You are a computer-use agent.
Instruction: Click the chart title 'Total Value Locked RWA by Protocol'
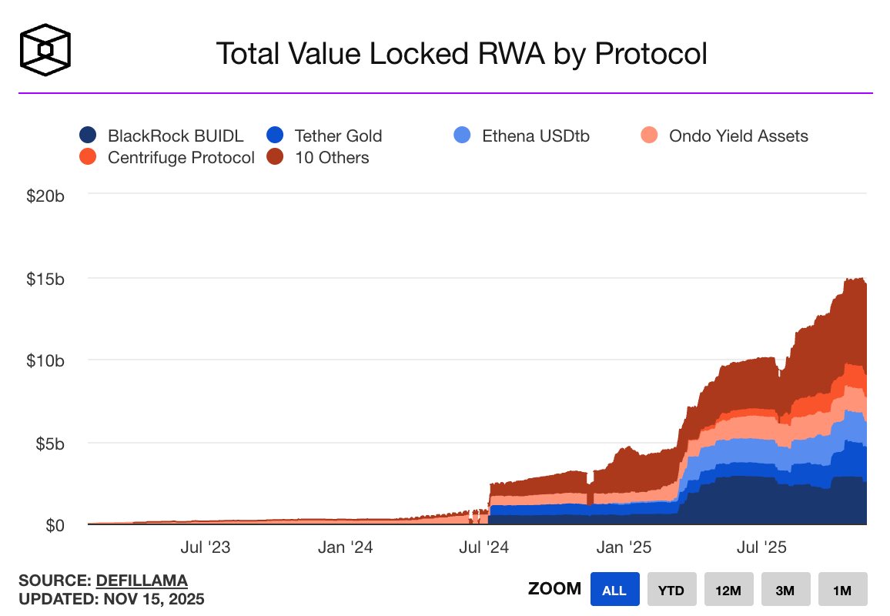click(x=461, y=54)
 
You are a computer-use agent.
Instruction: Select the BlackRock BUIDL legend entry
click(x=162, y=136)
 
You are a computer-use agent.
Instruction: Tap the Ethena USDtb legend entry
click(x=523, y=136)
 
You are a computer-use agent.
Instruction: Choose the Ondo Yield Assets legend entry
click(x=724, y=136)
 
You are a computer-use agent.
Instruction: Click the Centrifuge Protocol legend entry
click(x=167, y=158)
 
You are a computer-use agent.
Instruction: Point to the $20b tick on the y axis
click(x=45, y=196)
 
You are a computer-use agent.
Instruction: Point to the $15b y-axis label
click(x=45, y=278)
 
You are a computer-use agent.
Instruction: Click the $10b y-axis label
click(x=45, y=360)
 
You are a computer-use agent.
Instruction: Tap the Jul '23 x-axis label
click(x=205, y=547)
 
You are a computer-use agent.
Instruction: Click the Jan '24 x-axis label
click(x=346, y=547)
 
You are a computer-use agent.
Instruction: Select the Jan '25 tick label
click(x=624, y=547)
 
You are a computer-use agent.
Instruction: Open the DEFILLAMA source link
click(x=142, y=581)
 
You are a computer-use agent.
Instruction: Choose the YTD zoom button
click(x=671, y=591)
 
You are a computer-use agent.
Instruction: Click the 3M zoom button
click(x=785, y=591)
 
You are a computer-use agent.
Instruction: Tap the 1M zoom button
click(x=842, y=591)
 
